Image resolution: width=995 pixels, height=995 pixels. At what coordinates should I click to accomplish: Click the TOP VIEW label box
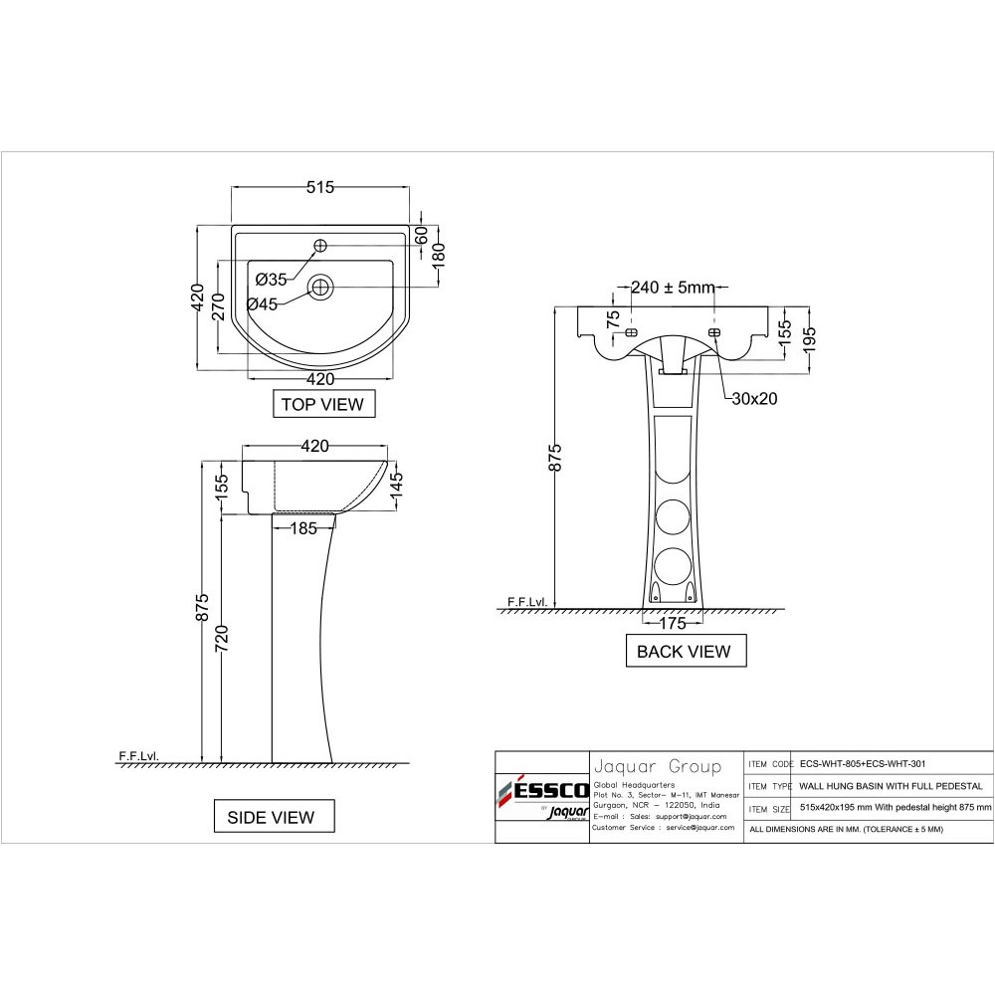tap(323, 404)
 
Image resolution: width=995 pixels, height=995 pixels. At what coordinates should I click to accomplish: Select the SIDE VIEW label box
tap(274, 817)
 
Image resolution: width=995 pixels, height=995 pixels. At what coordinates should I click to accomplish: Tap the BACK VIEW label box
tap(686, 651)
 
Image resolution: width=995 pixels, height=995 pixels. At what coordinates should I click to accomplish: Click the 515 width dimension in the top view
tap(319, 187)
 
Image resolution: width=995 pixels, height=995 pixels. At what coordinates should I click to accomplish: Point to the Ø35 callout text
tap(271, 280)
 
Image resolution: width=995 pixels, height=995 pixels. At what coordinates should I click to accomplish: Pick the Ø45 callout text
tap(262, 304)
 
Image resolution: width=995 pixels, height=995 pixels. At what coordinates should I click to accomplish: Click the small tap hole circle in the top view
tap(320, 246)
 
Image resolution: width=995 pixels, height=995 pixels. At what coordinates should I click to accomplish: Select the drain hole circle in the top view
tap(320, 288)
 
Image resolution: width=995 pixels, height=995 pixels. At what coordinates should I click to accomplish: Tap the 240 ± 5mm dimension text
tap(674, 288)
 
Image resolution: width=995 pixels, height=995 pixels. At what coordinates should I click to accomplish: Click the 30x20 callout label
tap(754, 399)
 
